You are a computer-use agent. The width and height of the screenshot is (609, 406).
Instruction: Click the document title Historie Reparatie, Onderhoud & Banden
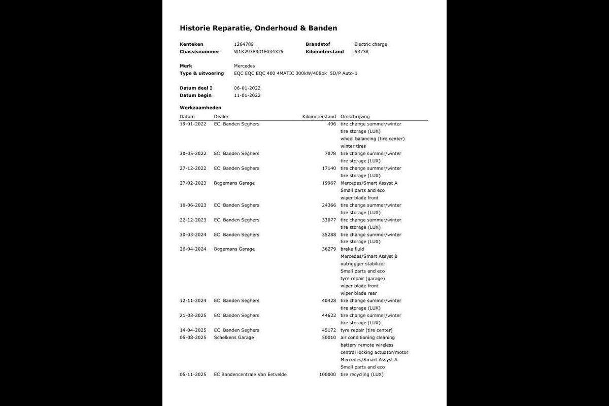pyautogui.click(x=258, y=28)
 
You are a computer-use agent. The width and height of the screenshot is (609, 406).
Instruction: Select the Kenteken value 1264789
pyautogui.click(x=244, y=44)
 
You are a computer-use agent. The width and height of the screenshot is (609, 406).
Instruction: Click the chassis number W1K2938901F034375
pyautogui.click(x=258, y=52)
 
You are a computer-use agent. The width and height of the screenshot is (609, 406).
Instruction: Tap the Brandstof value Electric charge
pyautogui.click(x=370, y=44)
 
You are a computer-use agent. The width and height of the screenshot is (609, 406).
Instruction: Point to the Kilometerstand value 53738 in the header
pyautogui.click(x=361, y=52)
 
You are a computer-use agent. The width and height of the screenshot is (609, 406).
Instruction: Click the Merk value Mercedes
pyautogui.click(x=244, y=66)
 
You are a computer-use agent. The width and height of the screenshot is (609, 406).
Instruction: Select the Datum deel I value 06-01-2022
pyautogui.click(x=247, y=88)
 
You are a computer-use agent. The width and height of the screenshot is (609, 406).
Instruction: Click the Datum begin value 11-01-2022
pyautogui.click(x=247, y=95)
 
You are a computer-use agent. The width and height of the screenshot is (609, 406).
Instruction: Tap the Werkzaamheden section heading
pyautogui.click(x=200, y=108)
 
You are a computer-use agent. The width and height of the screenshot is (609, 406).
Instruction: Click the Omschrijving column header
pyautogui.click(x=355, y=117)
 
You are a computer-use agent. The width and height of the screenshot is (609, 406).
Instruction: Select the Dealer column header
pyautogui.click(x=221, y=117)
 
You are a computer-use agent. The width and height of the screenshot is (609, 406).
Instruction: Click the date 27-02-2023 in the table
pyautogui.click(x=193, y=183)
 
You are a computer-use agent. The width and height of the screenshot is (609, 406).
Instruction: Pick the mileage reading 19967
pyautogui.click(x=329, y=183)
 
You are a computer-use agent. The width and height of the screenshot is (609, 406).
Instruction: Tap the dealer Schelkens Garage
pyautogui.click(x=234, y=337)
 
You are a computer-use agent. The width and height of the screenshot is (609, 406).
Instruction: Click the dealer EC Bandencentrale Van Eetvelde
pyautogui.click(x=250, y=375)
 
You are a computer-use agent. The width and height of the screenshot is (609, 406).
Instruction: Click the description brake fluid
pyautogui.click(x=352, y=249)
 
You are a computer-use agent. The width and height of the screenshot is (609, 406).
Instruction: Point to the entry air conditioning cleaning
pyautogui.click(x=367, y=337)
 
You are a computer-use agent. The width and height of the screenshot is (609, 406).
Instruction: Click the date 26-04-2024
pyautogui.click(x=193, y=249)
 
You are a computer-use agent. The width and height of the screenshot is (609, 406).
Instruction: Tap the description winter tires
pyautogui.click(x=353, y=146)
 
